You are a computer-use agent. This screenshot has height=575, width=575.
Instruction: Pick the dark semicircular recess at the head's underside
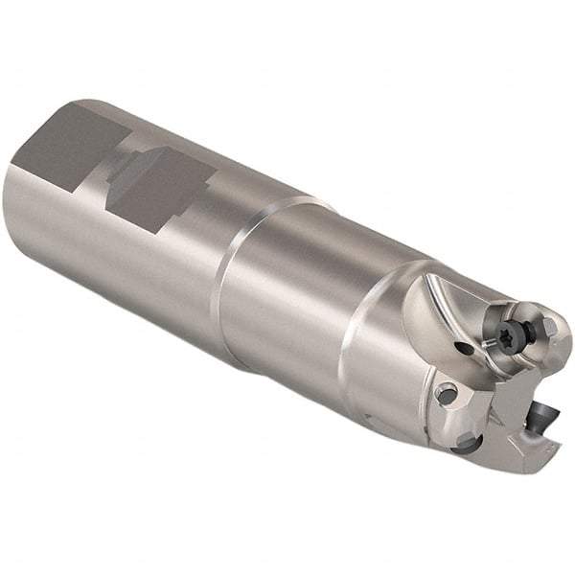click(x=467, y=442)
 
